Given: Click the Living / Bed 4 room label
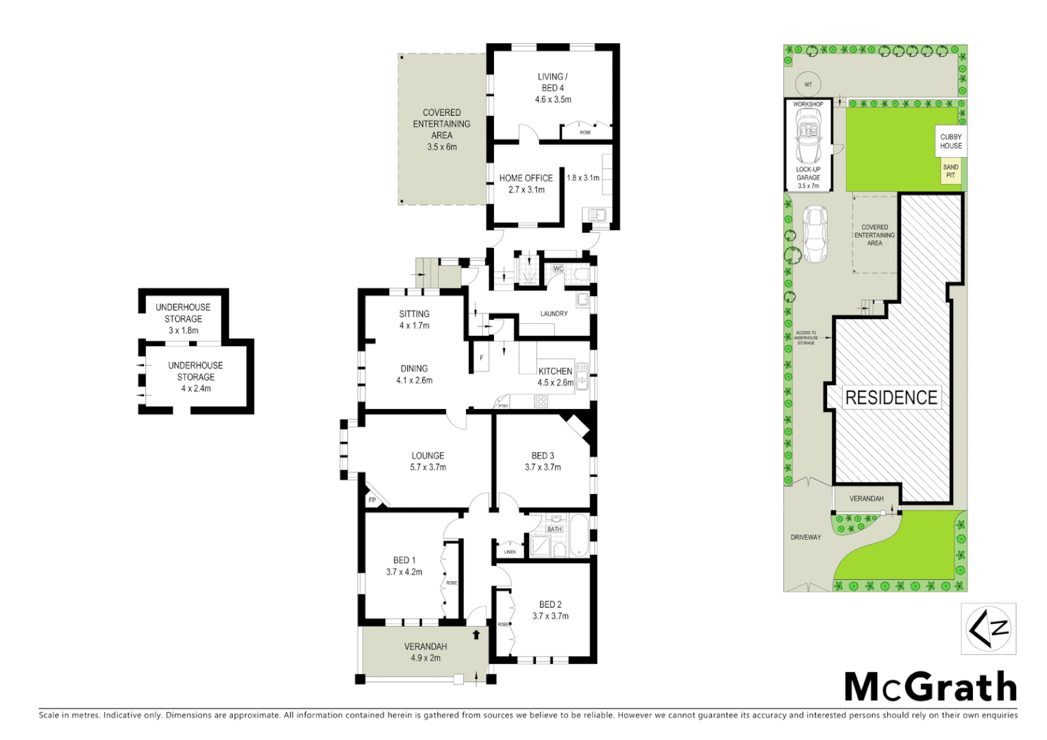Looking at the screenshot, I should point(552,82).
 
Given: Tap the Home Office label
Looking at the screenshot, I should point(526,178).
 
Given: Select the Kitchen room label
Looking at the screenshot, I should point(555,371).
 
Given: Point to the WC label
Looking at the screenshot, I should point(558,269).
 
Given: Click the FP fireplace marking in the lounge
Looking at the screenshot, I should point(372,500).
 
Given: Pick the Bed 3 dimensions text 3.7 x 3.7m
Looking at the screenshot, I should point(543,467).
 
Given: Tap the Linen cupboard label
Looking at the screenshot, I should point(510,552).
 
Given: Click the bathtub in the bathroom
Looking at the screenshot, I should point(580,536).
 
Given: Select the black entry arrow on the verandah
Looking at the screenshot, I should point(476,634).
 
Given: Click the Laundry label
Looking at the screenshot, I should point(554,314).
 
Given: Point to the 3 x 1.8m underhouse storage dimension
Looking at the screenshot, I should point(184,330).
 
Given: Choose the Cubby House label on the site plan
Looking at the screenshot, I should point(951,141).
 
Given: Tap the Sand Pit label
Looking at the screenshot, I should point(950,171).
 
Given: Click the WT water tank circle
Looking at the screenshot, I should point(808,84).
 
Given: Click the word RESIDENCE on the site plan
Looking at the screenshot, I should point(891,397).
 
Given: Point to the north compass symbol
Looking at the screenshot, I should point(988,628).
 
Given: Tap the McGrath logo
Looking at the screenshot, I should point(930,687).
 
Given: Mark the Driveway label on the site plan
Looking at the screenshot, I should point(806,537).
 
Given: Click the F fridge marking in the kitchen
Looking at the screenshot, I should point(482,358).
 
